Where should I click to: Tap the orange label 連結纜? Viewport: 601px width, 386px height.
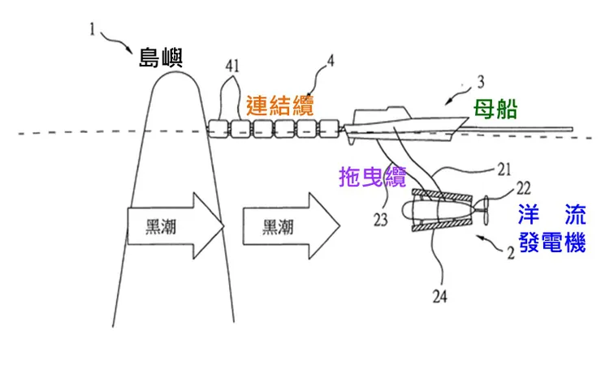click(x=280, y=105)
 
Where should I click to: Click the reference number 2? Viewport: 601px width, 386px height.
click(x=509, y=253)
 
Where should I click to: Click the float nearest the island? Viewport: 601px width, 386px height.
click(x=220, y=128)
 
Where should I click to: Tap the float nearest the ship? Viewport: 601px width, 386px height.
click(x=328, y=128)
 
